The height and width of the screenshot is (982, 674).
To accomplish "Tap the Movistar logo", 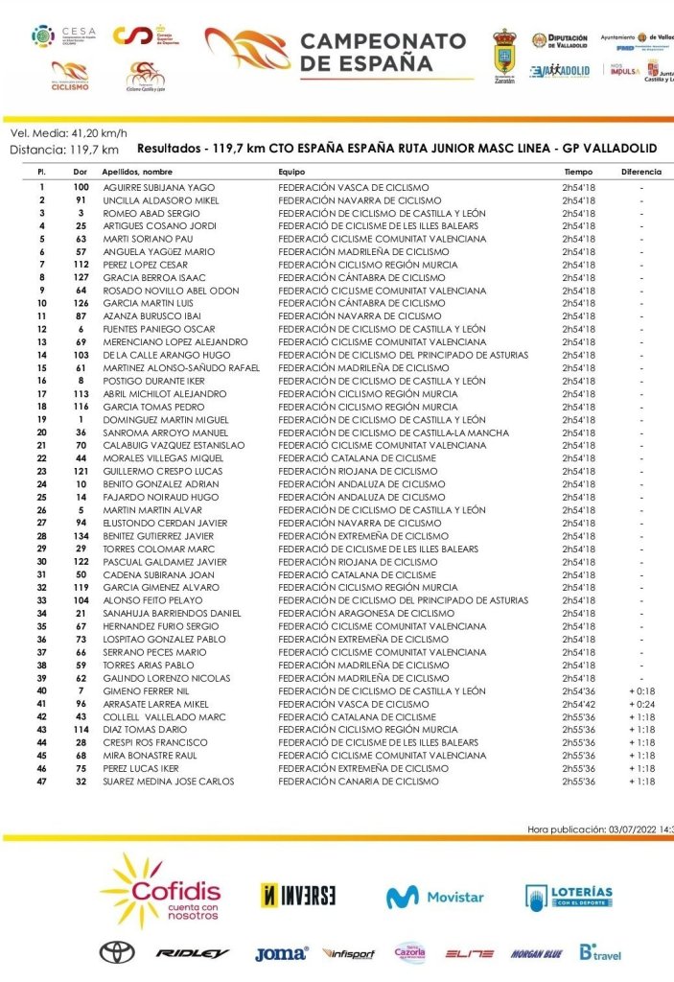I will tap(435, 898).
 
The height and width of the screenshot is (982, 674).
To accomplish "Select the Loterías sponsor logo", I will tap(569, 897).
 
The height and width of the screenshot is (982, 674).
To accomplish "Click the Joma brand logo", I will tap(281, 953).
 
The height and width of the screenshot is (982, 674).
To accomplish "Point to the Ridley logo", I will tap(193, 953).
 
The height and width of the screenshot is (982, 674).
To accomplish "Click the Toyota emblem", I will tap(117, 952).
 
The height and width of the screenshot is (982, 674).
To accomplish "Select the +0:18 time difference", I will tap(641, 690).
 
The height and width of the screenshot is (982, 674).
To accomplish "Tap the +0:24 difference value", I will tap(641, 704).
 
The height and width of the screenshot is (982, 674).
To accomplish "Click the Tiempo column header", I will tap(578, 171).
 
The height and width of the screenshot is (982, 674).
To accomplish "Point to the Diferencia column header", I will tap(640, 171).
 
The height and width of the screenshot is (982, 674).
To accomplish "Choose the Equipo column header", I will tap(291, 171).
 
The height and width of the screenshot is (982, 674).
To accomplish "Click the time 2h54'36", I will tap(578, 690).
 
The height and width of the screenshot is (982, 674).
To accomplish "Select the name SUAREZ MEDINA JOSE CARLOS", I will tap(168, 782).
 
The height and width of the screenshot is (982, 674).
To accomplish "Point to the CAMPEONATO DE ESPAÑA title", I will tap(383, 52).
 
